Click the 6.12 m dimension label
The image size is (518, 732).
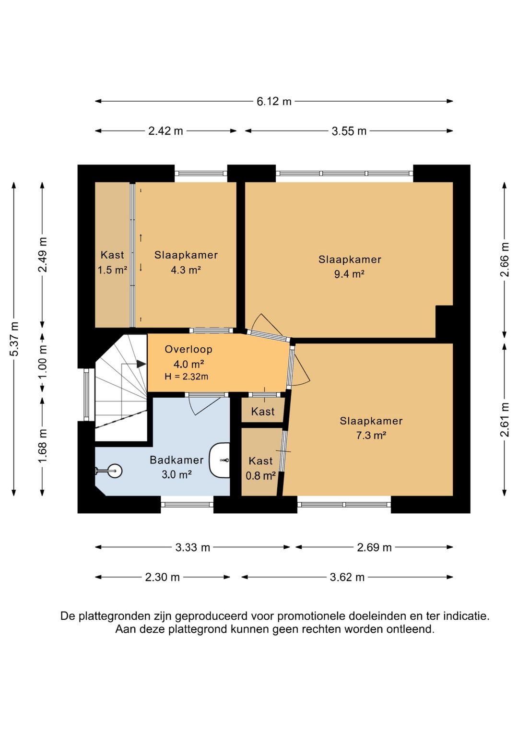[x=274, y=102]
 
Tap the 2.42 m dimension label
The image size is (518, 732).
[x=165, y=131]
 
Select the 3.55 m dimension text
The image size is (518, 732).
[x=349, y=131]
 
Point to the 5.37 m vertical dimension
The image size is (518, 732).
[x=14, y=339]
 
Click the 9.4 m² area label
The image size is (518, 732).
[x=349, y=274]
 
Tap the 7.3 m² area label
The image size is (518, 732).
[x=371, y=435]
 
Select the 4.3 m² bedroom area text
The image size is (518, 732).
[x=186, y=270]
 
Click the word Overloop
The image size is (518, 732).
[x=188, y=349]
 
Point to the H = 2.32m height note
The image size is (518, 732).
[x=186, y=377]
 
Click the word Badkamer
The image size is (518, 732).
[x=177, y=460]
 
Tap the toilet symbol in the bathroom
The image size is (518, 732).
[x=109, y=471]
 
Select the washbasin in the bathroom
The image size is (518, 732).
[x=220, y=460]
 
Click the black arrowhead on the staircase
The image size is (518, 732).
[x=141, y=364]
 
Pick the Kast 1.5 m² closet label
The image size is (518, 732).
[x=112, y=262]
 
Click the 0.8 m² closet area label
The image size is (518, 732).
[x=260, y=475]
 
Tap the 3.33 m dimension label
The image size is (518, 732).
[x=192, y=547]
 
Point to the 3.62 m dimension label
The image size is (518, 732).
[x=347, y=578]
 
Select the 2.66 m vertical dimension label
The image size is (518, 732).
[x=505, y=260]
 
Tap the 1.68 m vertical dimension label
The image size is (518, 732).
[x=43, y=446]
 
